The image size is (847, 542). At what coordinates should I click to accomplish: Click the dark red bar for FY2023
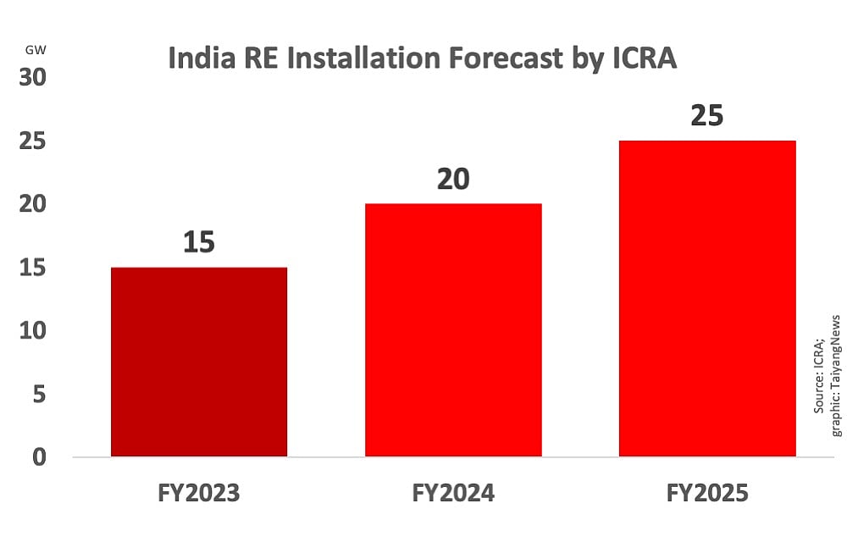pyautogui.click(x=199, y=362)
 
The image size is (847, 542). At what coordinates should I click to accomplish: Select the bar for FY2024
pyautogui.click(x=453, y=330)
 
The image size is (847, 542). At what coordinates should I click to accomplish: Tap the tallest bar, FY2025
pyautogui.click(x=707, y=298)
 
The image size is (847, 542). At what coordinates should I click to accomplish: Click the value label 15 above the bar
pyautogui.click(x=199, y=242)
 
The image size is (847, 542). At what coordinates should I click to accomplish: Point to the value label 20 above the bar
pyautogui.click(x=453, y=179)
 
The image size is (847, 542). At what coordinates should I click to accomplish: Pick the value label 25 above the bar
pyautogui.click(x=707, y=115)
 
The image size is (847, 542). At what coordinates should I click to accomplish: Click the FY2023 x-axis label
pyautogui.click(x=199, y=493)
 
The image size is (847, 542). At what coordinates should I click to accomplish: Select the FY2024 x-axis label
pyautogui.click(x=453, y=493)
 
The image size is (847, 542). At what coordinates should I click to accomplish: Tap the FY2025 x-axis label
pyautogui.click(x=707, y=493)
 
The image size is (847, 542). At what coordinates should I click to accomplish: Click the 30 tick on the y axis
pyautogui.click(x=33, y=77)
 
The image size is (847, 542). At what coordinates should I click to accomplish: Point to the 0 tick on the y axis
pyautogui.click(x=39, y=457)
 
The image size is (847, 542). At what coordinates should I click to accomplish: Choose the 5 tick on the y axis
pyautogui.click(x=39, y=394)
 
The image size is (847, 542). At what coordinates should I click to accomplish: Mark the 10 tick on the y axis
pyautogui.click(x=33, y=330)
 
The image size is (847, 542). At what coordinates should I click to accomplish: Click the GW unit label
pyautogui.click(x=36, y=50)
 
